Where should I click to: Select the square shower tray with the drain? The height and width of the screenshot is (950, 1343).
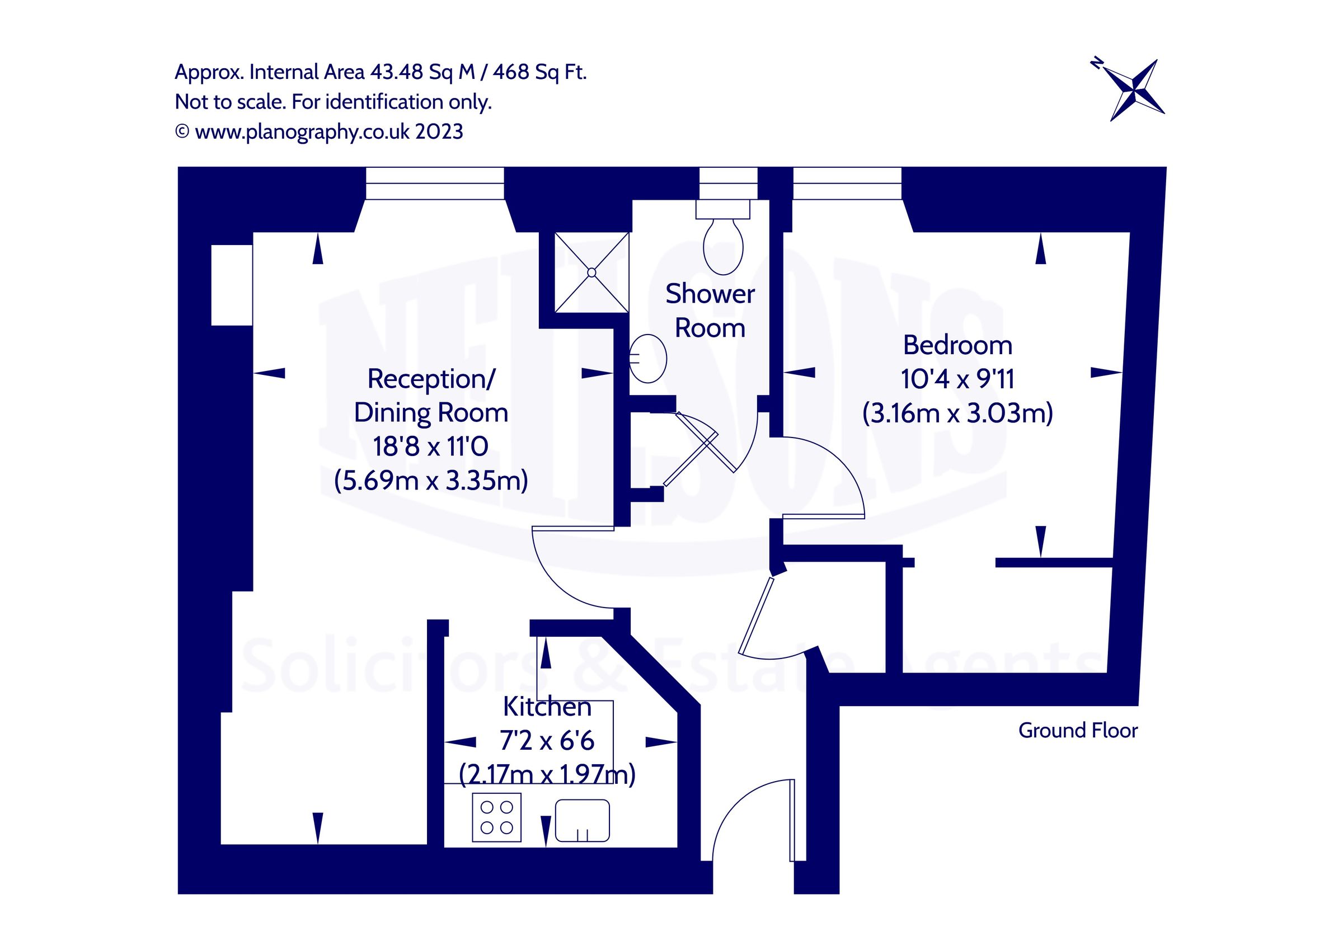[x=591, y=272]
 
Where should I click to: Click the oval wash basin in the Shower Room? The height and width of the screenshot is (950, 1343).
[x=648, y=358]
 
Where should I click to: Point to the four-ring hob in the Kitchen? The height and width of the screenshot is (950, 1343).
[x=496, y=817]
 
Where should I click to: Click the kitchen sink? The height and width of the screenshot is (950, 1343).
[x=582, y=820]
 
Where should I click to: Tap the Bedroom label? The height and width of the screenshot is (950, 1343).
[x=957, y=345]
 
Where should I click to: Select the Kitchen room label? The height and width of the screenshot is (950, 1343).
[x=547, y=707]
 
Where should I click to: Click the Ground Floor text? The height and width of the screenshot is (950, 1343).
[x=1077, y=731]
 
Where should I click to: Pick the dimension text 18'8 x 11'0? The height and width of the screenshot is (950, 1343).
[x=430, y=447]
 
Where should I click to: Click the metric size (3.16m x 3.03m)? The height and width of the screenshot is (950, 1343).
[x=957, y=413]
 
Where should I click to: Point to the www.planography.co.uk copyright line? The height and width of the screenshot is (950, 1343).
[x=320, y=131]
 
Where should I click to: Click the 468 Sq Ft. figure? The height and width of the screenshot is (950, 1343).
[x=539, y=72]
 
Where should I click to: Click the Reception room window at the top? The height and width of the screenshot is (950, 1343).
[x=435, y=182]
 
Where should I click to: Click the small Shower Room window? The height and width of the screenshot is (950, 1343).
[x=728, y=182]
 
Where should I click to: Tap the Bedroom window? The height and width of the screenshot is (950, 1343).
[x=847, y=182]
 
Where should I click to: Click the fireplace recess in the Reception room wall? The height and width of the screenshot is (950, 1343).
[x=232, y=285]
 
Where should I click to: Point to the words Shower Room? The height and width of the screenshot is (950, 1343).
[x=710, y=311]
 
